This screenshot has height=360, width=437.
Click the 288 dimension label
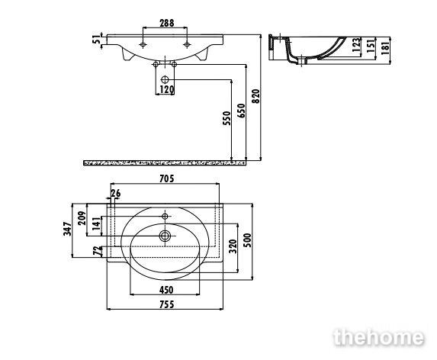coord(167,23)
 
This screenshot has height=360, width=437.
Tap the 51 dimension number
coord(96,40)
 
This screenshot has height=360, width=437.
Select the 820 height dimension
coord(255,96)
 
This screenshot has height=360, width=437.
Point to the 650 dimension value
coord(242,111)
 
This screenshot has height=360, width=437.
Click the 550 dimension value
coord(227,118)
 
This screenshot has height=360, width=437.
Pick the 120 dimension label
coord(167,89)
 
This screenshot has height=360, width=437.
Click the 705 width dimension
coord(167,178)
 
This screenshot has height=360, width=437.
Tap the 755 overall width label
coord(167,304)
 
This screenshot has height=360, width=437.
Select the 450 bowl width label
coord(166,290)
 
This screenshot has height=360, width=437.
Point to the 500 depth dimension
coord(247,240)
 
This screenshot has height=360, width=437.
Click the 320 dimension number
coord(233,246)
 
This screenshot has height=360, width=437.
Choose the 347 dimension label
coord(67,229)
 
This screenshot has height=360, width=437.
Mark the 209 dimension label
coord(82,218)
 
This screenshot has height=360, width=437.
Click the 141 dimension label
coord(96,223)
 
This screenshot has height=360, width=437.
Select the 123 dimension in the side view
coord(356,45)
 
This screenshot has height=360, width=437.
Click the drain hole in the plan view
coord(165,236)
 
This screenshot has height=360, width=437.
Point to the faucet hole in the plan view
coord(165,216)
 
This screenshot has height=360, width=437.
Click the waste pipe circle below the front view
coord(165,79)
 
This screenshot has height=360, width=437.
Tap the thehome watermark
coord(379,337)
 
